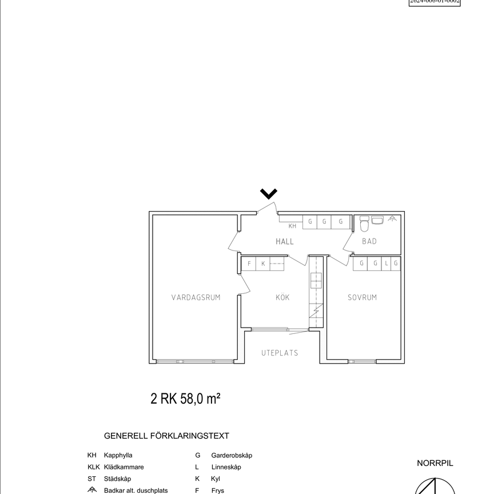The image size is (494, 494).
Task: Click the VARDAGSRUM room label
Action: coord(196,297)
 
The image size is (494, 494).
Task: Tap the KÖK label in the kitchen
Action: coord(282,297)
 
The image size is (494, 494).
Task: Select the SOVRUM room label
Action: coord(362,297)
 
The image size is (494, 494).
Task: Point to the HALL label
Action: coord(285,241)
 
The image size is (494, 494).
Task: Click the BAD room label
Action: coord(369,241)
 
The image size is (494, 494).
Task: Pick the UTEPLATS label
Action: coord(280,353)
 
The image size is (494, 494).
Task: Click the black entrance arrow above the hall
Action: coord(269,193)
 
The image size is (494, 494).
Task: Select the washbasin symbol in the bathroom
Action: coord(377,220)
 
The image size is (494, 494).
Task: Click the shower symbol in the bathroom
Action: coord(392,218)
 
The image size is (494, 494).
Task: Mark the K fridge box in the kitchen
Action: coord(263,264)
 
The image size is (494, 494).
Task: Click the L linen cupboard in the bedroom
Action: coord(387,263)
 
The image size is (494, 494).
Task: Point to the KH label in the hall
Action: coord(292,226)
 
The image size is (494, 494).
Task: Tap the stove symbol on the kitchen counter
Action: coord(316,280)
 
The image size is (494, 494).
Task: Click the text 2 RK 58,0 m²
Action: coord(186,399)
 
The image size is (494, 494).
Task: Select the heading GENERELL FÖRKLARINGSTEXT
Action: coord(166,436)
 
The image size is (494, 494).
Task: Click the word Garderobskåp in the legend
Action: coord(232,456)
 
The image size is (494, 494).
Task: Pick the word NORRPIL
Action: coord(435,463)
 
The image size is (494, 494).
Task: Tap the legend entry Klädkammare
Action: coord(124,467)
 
